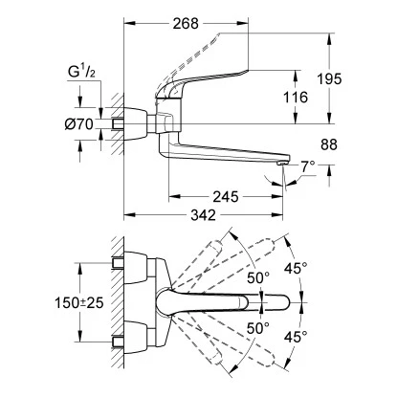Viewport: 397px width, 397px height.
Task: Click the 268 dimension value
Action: click(186, 23)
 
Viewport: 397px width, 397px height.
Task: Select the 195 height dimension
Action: click(329, 78)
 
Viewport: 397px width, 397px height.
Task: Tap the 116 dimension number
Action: click(296, 97)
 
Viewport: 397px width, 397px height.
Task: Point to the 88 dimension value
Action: click(329, 144)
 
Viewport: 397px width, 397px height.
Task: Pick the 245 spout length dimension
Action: click(226, 197)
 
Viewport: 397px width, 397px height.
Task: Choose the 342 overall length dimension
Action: click(203, 215)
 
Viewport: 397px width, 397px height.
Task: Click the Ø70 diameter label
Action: click(78, 123)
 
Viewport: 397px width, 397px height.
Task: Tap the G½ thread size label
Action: click(81, 72)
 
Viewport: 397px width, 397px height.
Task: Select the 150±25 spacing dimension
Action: click(79, 302)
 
